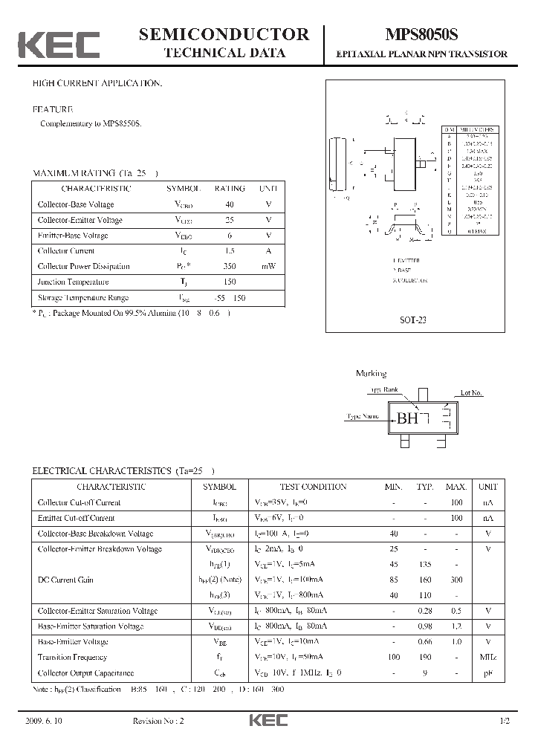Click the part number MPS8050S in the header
coord(421,35)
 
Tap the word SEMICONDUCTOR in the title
coord(224,33)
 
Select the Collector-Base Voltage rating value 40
coord(229,204)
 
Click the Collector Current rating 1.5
coord(229,250)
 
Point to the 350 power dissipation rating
coord(229,266)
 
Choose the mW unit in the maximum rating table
coord(268,266)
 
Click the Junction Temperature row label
coord(73,282)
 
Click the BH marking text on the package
coord(407,419)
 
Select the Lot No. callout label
coord(471,392)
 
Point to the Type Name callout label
coord(363,417)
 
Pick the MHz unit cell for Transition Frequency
coord(487,657)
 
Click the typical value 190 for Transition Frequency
coord(425,657)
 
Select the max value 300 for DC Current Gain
coord(455,580)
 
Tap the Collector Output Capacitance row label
coord(85,672)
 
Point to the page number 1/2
coord(505,722)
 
